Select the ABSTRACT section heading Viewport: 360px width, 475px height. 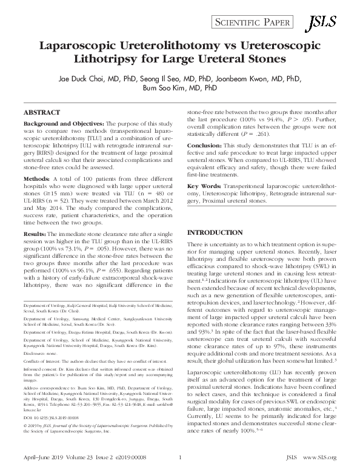[42, 113]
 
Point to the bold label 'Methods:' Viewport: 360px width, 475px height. [36, 180]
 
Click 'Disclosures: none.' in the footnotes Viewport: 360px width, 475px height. [44, 352]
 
